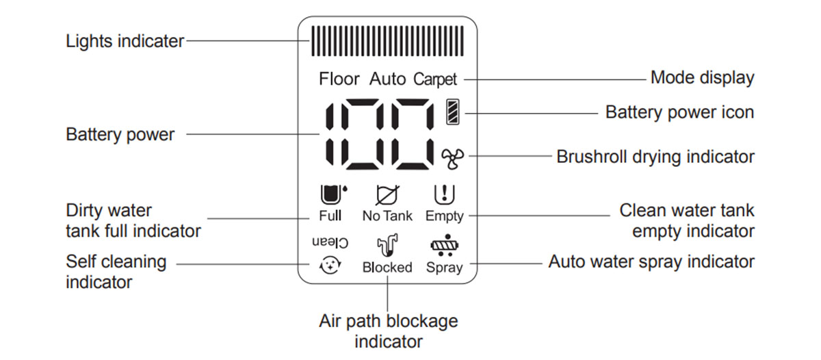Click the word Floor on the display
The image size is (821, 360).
coord(339,79)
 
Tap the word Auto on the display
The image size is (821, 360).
coord(387,79)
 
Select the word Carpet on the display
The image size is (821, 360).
coord(435,79)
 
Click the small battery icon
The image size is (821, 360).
coord(453,112)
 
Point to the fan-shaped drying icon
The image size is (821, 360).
coord(452,158)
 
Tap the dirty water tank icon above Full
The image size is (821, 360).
coord(333,194)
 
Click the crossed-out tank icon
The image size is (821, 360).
coord(387,194)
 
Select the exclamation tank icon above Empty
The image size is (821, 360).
coord(444,194)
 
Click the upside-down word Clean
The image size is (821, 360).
coord(330,242)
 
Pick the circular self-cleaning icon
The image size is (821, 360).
coord(330,265)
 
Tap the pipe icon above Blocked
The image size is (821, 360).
coord(387,245)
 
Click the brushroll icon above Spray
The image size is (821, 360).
coord(445,245)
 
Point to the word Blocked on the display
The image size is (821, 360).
coord(387,267)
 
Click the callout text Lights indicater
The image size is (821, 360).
coord(125,41)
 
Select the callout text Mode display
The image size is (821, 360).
coord(702,78)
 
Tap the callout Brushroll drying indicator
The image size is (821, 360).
coord(655,157)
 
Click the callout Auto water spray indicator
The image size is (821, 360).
coord(651,262)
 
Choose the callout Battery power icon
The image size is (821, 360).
coord(679,112)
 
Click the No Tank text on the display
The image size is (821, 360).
coord(387,216)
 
